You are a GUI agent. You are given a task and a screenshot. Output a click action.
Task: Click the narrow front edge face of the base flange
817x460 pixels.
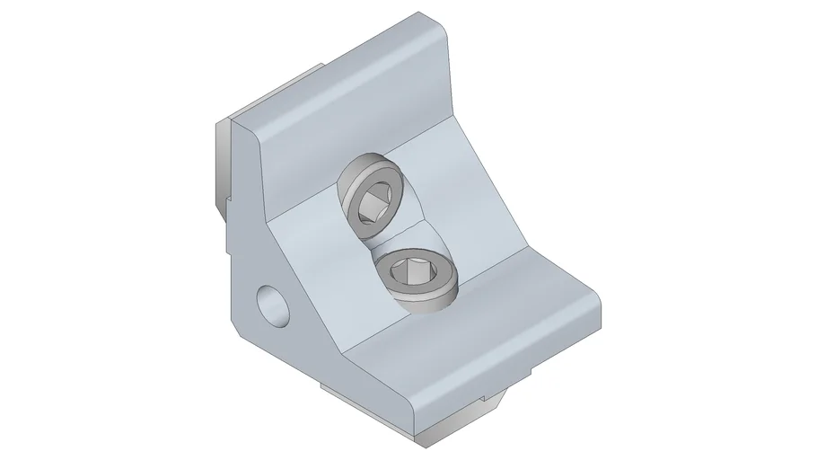click(503, 377)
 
